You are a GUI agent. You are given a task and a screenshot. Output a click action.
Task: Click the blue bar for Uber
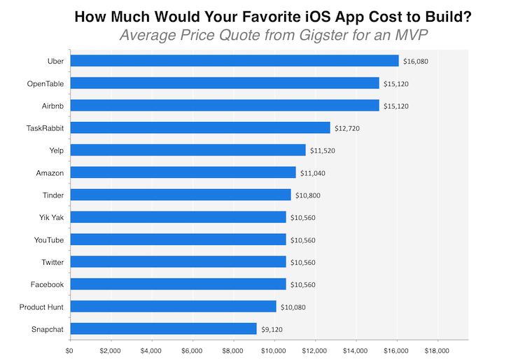[x=234, y=61]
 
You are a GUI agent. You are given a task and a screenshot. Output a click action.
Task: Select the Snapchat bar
[x=164, y=328]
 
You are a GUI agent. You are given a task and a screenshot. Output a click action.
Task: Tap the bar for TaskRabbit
[x=200, y=127]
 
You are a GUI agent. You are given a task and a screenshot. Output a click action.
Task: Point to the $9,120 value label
[x=274, y=328]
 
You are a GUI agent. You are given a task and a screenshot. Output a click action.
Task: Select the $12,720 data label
[x=347, y=128]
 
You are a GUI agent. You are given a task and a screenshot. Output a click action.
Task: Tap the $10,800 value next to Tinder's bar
[x=308, y=195]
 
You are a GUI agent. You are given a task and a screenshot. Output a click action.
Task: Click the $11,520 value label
[x=323, y=151]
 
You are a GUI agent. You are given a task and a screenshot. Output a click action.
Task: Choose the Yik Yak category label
[x=50, y=217]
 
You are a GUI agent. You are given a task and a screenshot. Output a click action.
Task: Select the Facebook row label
[x=47, y=284]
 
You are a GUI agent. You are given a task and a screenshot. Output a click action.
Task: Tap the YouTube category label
[x=49, y=240]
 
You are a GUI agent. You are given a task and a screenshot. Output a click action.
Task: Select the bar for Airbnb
[x=225, y=106]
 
